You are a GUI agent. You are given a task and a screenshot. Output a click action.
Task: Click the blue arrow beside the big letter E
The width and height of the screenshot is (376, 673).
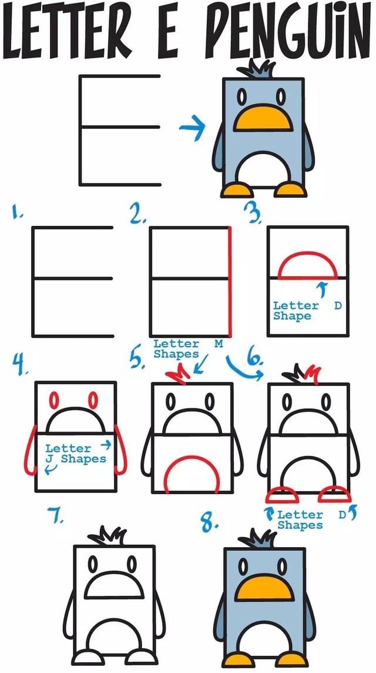193,127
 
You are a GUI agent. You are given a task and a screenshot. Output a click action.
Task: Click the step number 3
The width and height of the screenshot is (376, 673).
253,212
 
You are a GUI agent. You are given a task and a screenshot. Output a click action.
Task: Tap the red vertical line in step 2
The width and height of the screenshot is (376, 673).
230,282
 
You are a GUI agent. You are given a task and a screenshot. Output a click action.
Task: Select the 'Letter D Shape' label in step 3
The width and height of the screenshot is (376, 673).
307,311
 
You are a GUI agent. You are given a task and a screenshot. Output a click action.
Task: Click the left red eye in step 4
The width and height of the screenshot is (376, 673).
54,401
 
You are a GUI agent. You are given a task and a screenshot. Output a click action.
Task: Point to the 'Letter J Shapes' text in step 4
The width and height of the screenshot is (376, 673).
75,454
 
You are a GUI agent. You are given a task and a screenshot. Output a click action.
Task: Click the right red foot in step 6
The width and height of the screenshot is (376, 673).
334,494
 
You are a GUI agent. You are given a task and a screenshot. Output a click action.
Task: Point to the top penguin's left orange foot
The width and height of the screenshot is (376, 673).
234,189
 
